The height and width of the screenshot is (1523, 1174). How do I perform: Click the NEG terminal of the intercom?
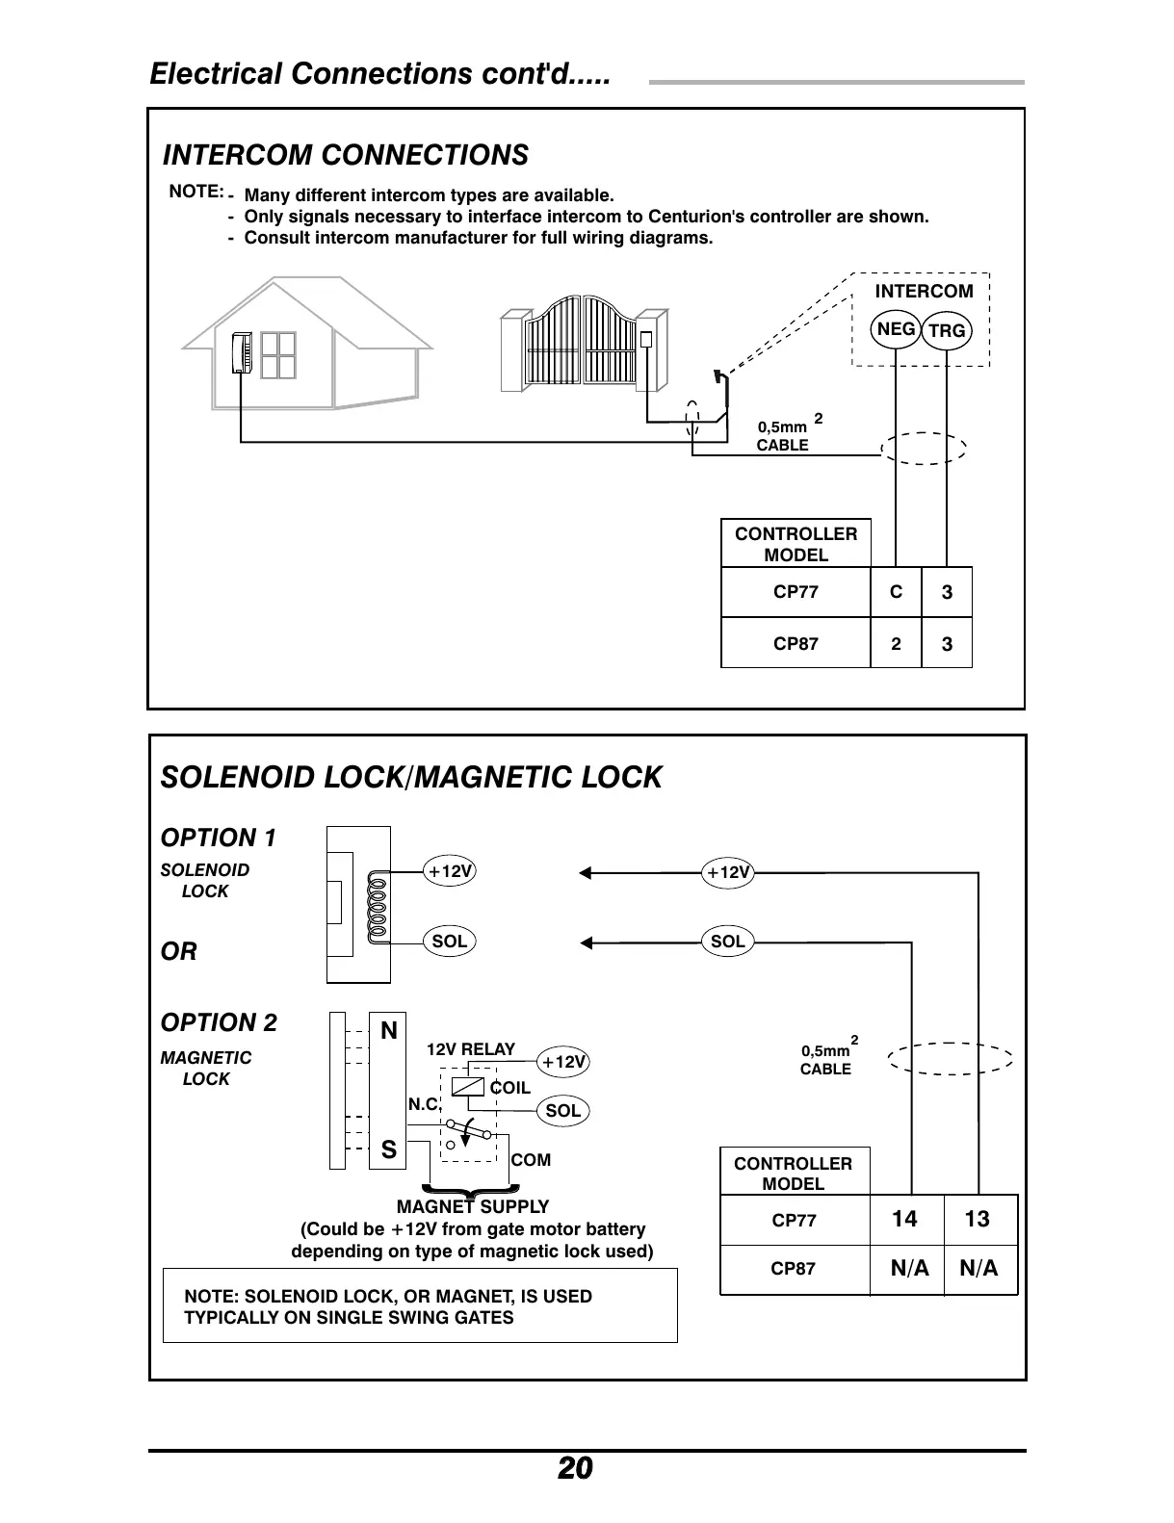896,329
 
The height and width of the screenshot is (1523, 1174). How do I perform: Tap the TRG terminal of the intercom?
948,331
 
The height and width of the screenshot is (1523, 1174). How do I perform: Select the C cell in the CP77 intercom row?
896,592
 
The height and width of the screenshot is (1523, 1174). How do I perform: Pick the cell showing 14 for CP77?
904,1220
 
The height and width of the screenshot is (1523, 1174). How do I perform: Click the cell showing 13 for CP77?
977,1220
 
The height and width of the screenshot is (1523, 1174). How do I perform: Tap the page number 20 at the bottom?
575,1469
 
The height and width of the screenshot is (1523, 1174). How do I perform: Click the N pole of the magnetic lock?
388,1031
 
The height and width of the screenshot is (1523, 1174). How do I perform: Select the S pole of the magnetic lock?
388,1149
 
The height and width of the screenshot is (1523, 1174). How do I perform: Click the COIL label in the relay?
509,1088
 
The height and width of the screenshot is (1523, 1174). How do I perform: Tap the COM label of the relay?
531,1160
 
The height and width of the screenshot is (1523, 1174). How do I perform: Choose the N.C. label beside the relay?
424,1105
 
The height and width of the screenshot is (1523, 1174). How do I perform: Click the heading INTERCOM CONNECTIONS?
346,155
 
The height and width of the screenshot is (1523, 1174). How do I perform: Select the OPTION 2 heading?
219,1022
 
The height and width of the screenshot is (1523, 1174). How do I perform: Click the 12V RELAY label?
471,1049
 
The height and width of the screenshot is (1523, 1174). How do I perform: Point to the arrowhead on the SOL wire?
586,942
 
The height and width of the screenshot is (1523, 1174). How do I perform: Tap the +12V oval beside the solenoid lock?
450,871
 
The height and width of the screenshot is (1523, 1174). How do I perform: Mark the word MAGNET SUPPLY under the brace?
473,1206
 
